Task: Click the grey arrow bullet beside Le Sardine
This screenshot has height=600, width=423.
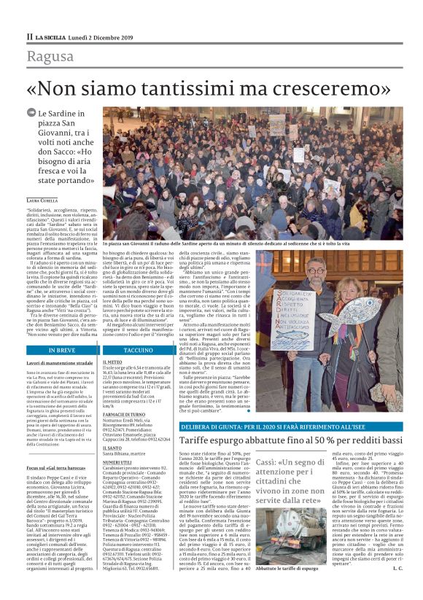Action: click(31, 114)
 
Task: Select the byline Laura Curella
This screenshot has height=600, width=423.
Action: click(43, 200)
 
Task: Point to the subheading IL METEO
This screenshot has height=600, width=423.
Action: click(113, 361)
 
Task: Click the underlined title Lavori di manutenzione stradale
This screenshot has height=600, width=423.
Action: click(58, 362)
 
